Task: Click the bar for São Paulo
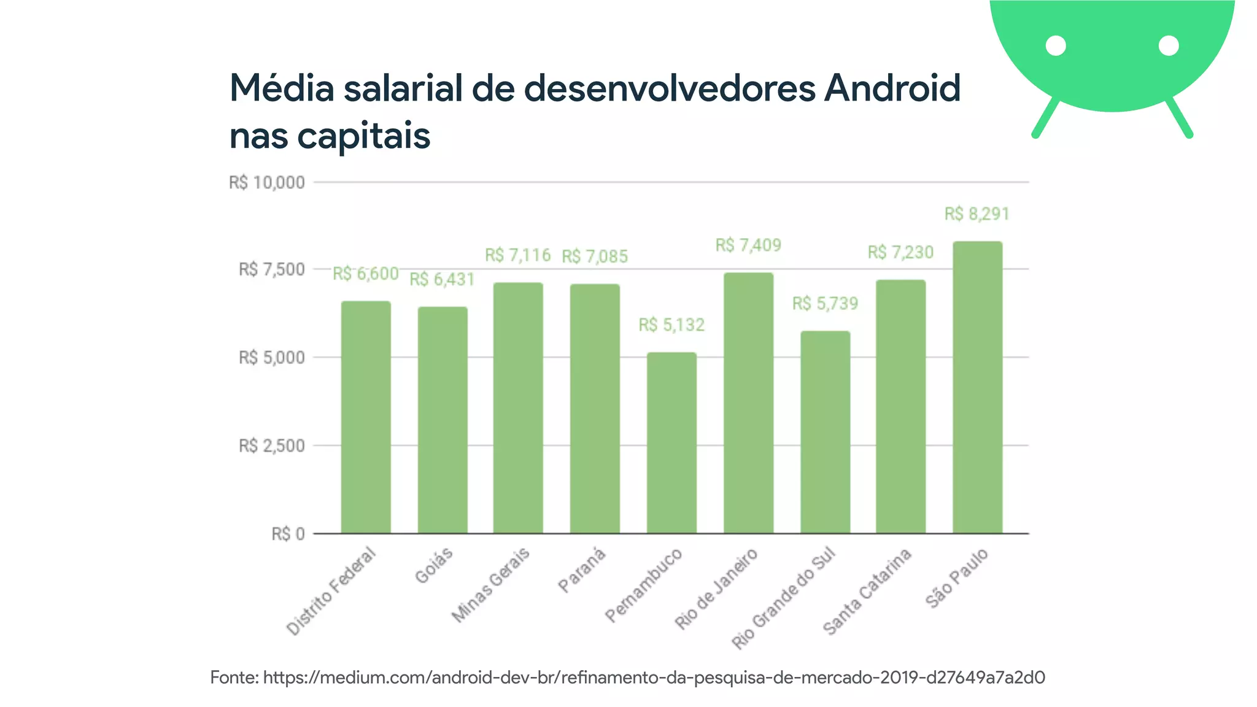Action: click(977, 387)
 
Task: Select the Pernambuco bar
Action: click(671, 442)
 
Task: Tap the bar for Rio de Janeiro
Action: click(748, 403)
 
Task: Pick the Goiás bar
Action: click(443, 420)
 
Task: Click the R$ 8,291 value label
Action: click(977, 214)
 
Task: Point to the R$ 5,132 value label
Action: click(671, 325)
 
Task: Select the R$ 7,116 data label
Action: click(517, 255)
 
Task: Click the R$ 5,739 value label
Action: click(825, 304)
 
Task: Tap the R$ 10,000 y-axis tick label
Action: click(266, 183)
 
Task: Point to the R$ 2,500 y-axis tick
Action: click(271, 446)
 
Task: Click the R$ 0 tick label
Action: click(288, 534)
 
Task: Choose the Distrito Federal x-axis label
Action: click(332, 591)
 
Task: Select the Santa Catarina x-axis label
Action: click(867, 592)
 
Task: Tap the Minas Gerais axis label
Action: click(491, 585)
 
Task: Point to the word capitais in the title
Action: click(363, 136)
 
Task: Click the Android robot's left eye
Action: click(1056, 46)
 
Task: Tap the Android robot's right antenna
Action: click(1179, 117)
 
